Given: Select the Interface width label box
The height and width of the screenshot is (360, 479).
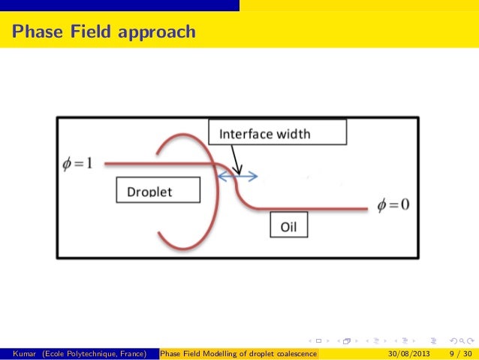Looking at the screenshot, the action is [x=277, y=133].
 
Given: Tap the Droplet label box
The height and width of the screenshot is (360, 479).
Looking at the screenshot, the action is [x=158, y=189].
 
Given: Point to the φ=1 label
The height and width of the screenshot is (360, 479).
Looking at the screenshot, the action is [x=77, y=162].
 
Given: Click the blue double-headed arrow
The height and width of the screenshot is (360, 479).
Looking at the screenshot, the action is [x=237, y=177].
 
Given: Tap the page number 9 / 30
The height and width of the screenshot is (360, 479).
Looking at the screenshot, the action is [x=458, y=354].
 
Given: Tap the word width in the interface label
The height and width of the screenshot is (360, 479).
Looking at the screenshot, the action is [x=293, y=135].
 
